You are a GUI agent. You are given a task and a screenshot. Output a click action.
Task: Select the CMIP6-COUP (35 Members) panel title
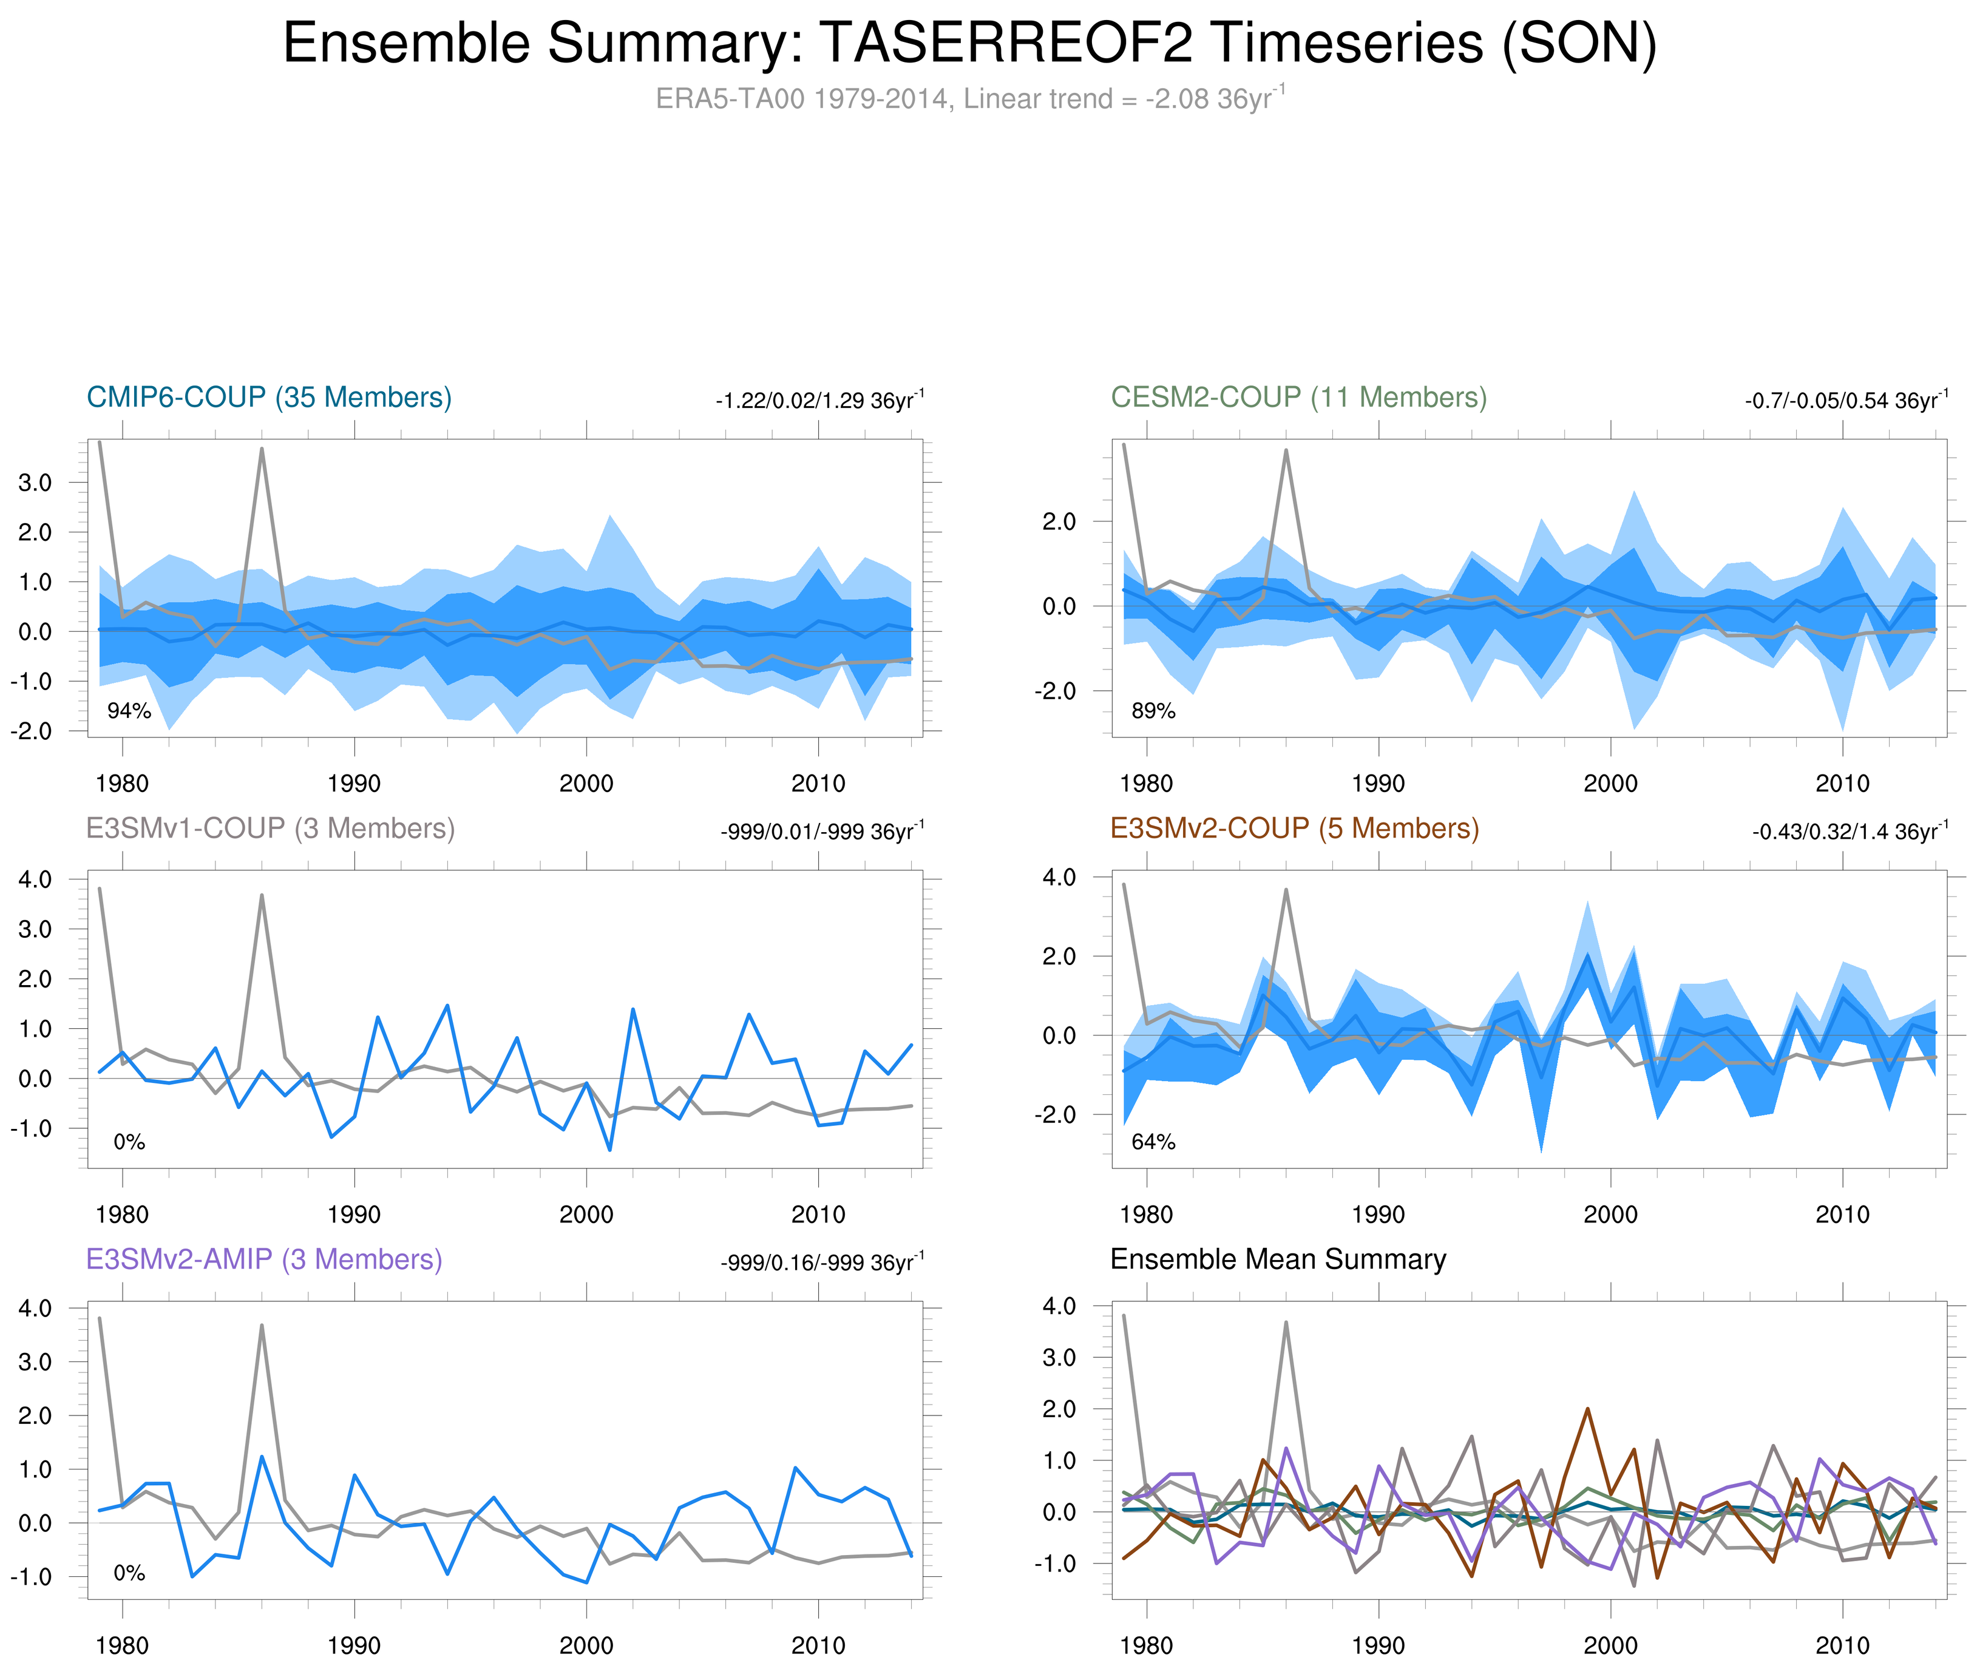(269, 397)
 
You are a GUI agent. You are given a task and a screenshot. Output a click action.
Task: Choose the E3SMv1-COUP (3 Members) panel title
(270, 829)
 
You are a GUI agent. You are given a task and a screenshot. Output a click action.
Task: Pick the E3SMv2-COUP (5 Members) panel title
(1294, 829)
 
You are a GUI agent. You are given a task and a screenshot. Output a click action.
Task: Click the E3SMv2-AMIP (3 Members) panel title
(264, 1259)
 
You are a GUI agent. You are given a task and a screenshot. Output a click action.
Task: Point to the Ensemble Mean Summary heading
(1278, 1259)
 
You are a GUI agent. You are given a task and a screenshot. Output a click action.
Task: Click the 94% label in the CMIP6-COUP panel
(129, 711)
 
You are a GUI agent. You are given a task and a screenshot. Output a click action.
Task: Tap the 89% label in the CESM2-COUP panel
(1153, 711)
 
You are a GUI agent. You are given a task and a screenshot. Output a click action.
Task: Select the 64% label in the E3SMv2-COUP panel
(1153, 1142)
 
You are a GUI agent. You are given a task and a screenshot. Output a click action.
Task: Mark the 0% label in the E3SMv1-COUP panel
(129, 1142)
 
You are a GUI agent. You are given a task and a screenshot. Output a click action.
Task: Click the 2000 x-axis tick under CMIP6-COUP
(586, 784)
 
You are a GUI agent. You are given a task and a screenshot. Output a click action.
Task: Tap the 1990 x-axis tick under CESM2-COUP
(1378, 784)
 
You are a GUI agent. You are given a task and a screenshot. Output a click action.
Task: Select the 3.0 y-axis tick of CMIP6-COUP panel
(35, 483)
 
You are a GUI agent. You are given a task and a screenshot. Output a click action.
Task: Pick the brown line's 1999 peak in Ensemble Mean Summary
(1587, 1409)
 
